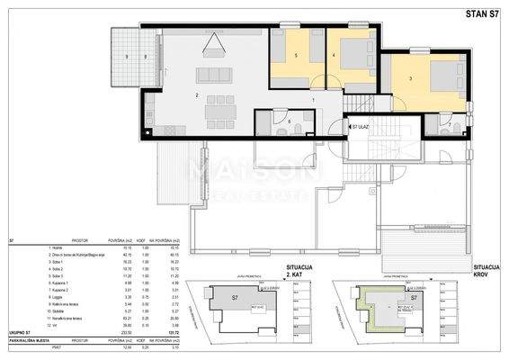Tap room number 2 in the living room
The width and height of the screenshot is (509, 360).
tap(196, 94)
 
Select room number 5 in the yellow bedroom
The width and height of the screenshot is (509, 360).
tap(296, 56)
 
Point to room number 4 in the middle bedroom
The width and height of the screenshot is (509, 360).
tap(335, 56)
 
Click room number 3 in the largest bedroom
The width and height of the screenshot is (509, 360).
tap(410, 80)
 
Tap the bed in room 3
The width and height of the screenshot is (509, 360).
tap(444, 79)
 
